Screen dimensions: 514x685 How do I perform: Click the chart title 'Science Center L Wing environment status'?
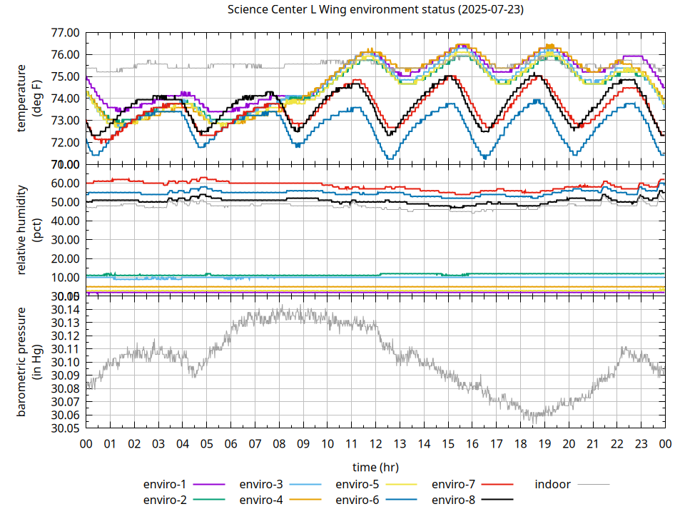click(x=375, y=10)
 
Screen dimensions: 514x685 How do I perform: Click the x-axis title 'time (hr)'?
click(x=375, y=467)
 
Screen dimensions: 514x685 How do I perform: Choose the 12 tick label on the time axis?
click(x=375, y=444)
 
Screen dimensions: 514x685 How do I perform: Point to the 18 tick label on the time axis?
click(x=520, y=444)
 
